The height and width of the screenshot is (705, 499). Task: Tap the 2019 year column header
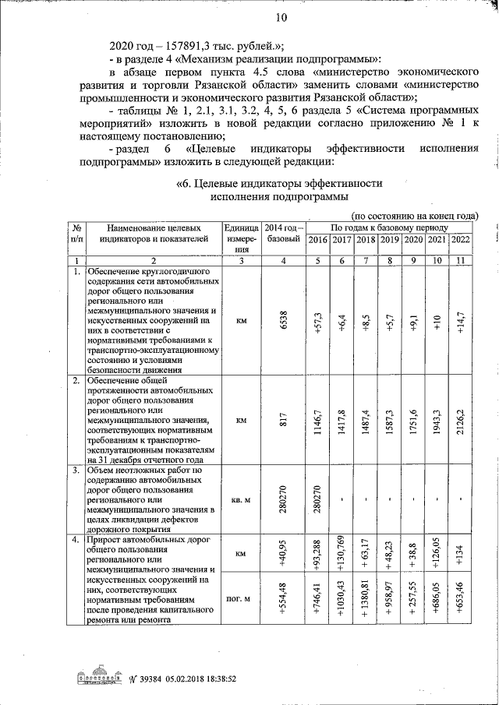[x=389, y=239]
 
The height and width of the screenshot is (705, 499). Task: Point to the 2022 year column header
[x=461, y=239]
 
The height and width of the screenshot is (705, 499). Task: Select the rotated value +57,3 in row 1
[x=317, y=319]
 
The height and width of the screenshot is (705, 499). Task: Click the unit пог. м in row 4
[x=241, y=600]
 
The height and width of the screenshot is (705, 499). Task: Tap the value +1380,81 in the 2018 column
[x=365, y=600]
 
